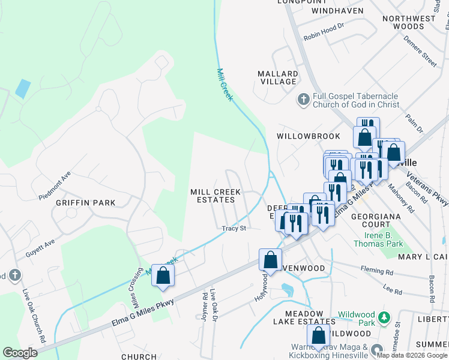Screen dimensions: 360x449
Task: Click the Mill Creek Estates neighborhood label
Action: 215,196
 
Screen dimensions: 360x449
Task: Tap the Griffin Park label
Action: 85,203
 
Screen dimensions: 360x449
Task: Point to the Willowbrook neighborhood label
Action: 309,136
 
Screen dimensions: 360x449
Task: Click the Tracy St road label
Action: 234,229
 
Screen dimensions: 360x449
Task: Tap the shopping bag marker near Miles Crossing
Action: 163,276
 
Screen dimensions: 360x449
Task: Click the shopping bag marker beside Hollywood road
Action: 270,259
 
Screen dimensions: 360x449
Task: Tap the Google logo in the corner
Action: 20,353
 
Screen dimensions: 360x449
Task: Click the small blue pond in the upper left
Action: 23,88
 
